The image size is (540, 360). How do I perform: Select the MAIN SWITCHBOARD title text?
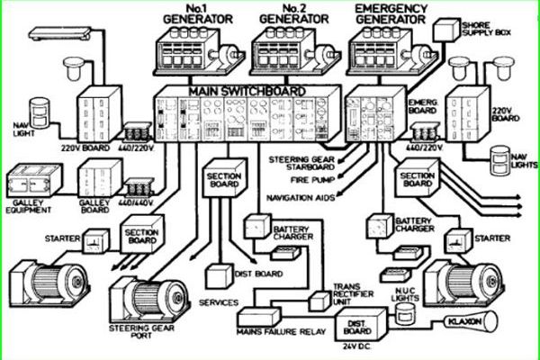pos(247,92)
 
